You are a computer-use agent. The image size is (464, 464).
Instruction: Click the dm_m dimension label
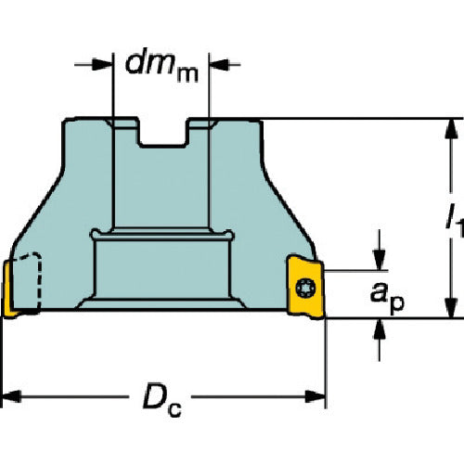[161, 68]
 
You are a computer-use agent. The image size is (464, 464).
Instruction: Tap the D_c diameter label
[162, 400]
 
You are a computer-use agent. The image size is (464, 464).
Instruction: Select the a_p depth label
[387, 299]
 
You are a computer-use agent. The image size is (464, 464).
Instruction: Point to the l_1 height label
[456, 220]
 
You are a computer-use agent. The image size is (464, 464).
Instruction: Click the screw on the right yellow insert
[305, 288]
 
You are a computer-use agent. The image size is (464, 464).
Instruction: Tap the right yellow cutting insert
[305, 287]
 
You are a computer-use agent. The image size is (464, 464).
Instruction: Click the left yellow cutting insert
[8, 290]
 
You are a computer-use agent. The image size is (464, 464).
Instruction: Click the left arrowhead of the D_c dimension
[11, 396]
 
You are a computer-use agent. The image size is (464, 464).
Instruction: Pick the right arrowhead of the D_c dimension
[316, 396]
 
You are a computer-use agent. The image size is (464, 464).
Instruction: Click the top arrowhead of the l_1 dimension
[452, 129]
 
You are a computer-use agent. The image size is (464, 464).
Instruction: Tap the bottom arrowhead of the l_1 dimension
[452, 308]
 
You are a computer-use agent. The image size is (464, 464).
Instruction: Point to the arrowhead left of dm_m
[102, 64]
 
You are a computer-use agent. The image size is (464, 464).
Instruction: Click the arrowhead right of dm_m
[220, 64]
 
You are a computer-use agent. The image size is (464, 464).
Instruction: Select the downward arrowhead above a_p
[380, 261]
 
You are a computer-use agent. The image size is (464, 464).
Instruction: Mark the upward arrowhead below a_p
[380, 329]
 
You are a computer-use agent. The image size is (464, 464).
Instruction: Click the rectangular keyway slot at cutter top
[163, 132]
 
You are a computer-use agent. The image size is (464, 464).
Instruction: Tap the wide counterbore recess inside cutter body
[162, 268]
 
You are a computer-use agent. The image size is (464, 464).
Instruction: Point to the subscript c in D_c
[174, 409]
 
